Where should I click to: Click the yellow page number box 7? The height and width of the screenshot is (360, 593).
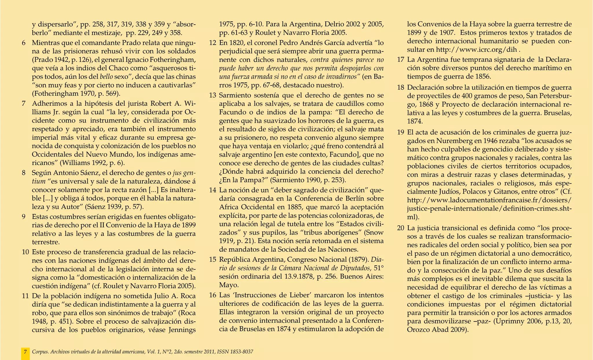pyautogui.click(x=25, y=352)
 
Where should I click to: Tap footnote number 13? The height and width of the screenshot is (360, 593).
pyautogui.click(x=213, y=95)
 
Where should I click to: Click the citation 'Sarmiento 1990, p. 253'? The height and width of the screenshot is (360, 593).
pyautogui.click(x=308, y=180)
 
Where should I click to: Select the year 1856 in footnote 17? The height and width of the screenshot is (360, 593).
pyautogui.click(x=483, y=77)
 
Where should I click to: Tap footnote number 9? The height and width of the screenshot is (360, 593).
pyautogui.click(x=24, y=217)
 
